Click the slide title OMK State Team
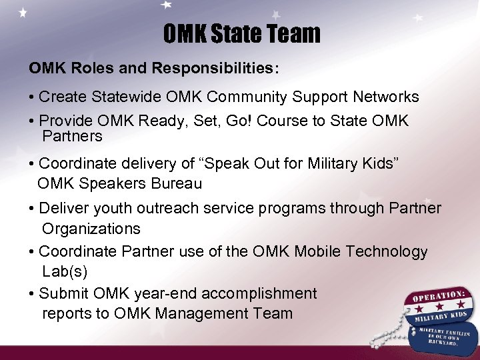[241, 34]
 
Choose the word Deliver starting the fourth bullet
[63, 209]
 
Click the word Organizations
[91, 229]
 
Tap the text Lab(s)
[65, 272]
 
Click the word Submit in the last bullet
[63, 293]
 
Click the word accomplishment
[259, 293]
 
